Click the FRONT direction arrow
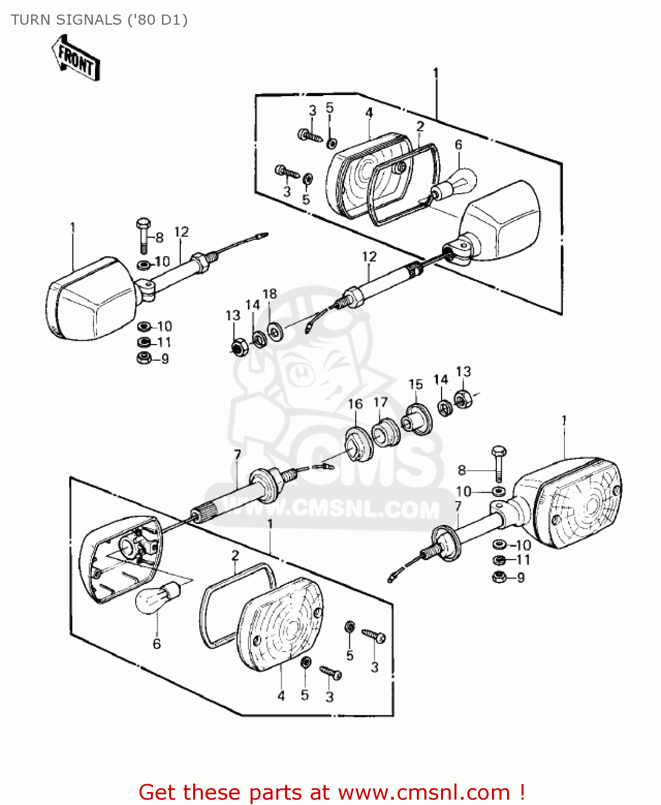point(76,58)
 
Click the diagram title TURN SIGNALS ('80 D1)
point(99,20)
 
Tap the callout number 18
point(270,294)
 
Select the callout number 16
point(355,404)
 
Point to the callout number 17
point(380,402)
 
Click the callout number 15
point(415,384)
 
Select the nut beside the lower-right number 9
point(499,577)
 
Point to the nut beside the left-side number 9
point(144,358)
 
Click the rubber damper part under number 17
point(385,434)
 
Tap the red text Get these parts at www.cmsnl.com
point(332,792)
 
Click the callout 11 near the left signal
point(164,342)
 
